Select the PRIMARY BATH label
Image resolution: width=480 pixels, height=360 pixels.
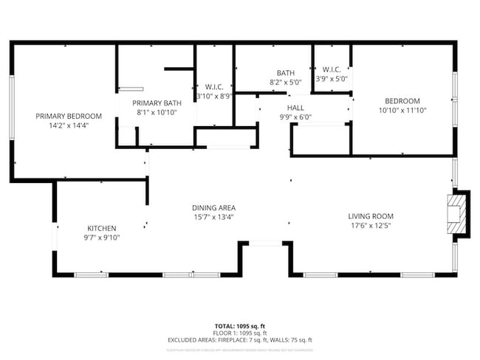coord(157,103)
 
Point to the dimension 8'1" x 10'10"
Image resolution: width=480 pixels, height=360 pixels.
coord(157,112)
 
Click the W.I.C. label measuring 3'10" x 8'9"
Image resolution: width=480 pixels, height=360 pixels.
coord(214,86)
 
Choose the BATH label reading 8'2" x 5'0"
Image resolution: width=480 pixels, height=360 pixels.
coord(286,73)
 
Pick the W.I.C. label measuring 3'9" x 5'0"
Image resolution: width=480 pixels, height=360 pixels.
coord(331,70)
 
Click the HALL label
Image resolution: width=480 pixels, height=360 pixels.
coord(296,108)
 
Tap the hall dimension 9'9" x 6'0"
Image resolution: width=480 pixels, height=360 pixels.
coord(296,117)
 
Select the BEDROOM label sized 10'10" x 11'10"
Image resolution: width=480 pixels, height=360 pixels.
coord(402,101)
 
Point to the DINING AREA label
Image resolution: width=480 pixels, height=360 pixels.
coord(213,208)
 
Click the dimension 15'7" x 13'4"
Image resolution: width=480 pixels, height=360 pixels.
coord(213,217)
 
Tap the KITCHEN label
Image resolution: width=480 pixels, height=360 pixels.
coord(102,228)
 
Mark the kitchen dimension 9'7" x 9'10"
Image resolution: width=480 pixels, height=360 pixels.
coord(102,237)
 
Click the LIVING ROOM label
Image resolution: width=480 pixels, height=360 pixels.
coord(371,216)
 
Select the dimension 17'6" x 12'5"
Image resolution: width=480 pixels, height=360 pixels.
coord(371,225)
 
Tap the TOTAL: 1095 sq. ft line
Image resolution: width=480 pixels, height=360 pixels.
coord(239,325)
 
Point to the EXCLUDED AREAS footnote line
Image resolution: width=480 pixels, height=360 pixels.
coord(239,340)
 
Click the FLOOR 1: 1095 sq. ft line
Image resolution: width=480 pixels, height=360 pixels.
coord(239,333)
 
